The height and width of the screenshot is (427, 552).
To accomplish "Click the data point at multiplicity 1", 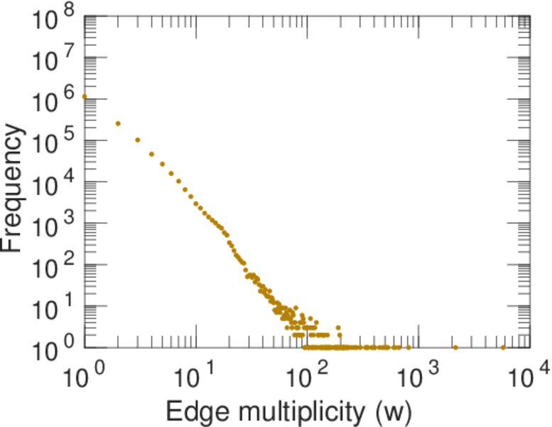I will click(85, 97).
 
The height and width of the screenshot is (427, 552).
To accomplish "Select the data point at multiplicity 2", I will click(118, 123).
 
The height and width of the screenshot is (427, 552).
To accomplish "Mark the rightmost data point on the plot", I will click(503, 347).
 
